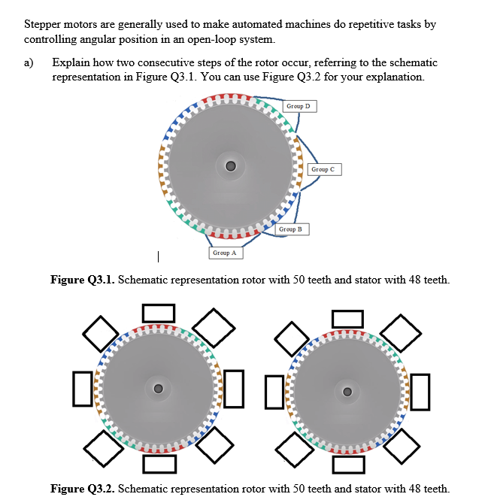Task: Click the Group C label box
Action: click(x=324, y=169)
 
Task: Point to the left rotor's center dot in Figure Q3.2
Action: click(x=158, y=389)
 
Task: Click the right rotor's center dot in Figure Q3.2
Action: click(x=347, y=391)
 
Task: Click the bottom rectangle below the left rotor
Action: click(x=159, y=464)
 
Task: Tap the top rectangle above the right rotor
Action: click(x=347, y=320)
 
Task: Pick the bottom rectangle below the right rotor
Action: click(x=347, y=464)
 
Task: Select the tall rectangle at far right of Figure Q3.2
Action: click(x=421, y=391)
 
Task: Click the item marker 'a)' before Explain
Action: click(x=29, y=63)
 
